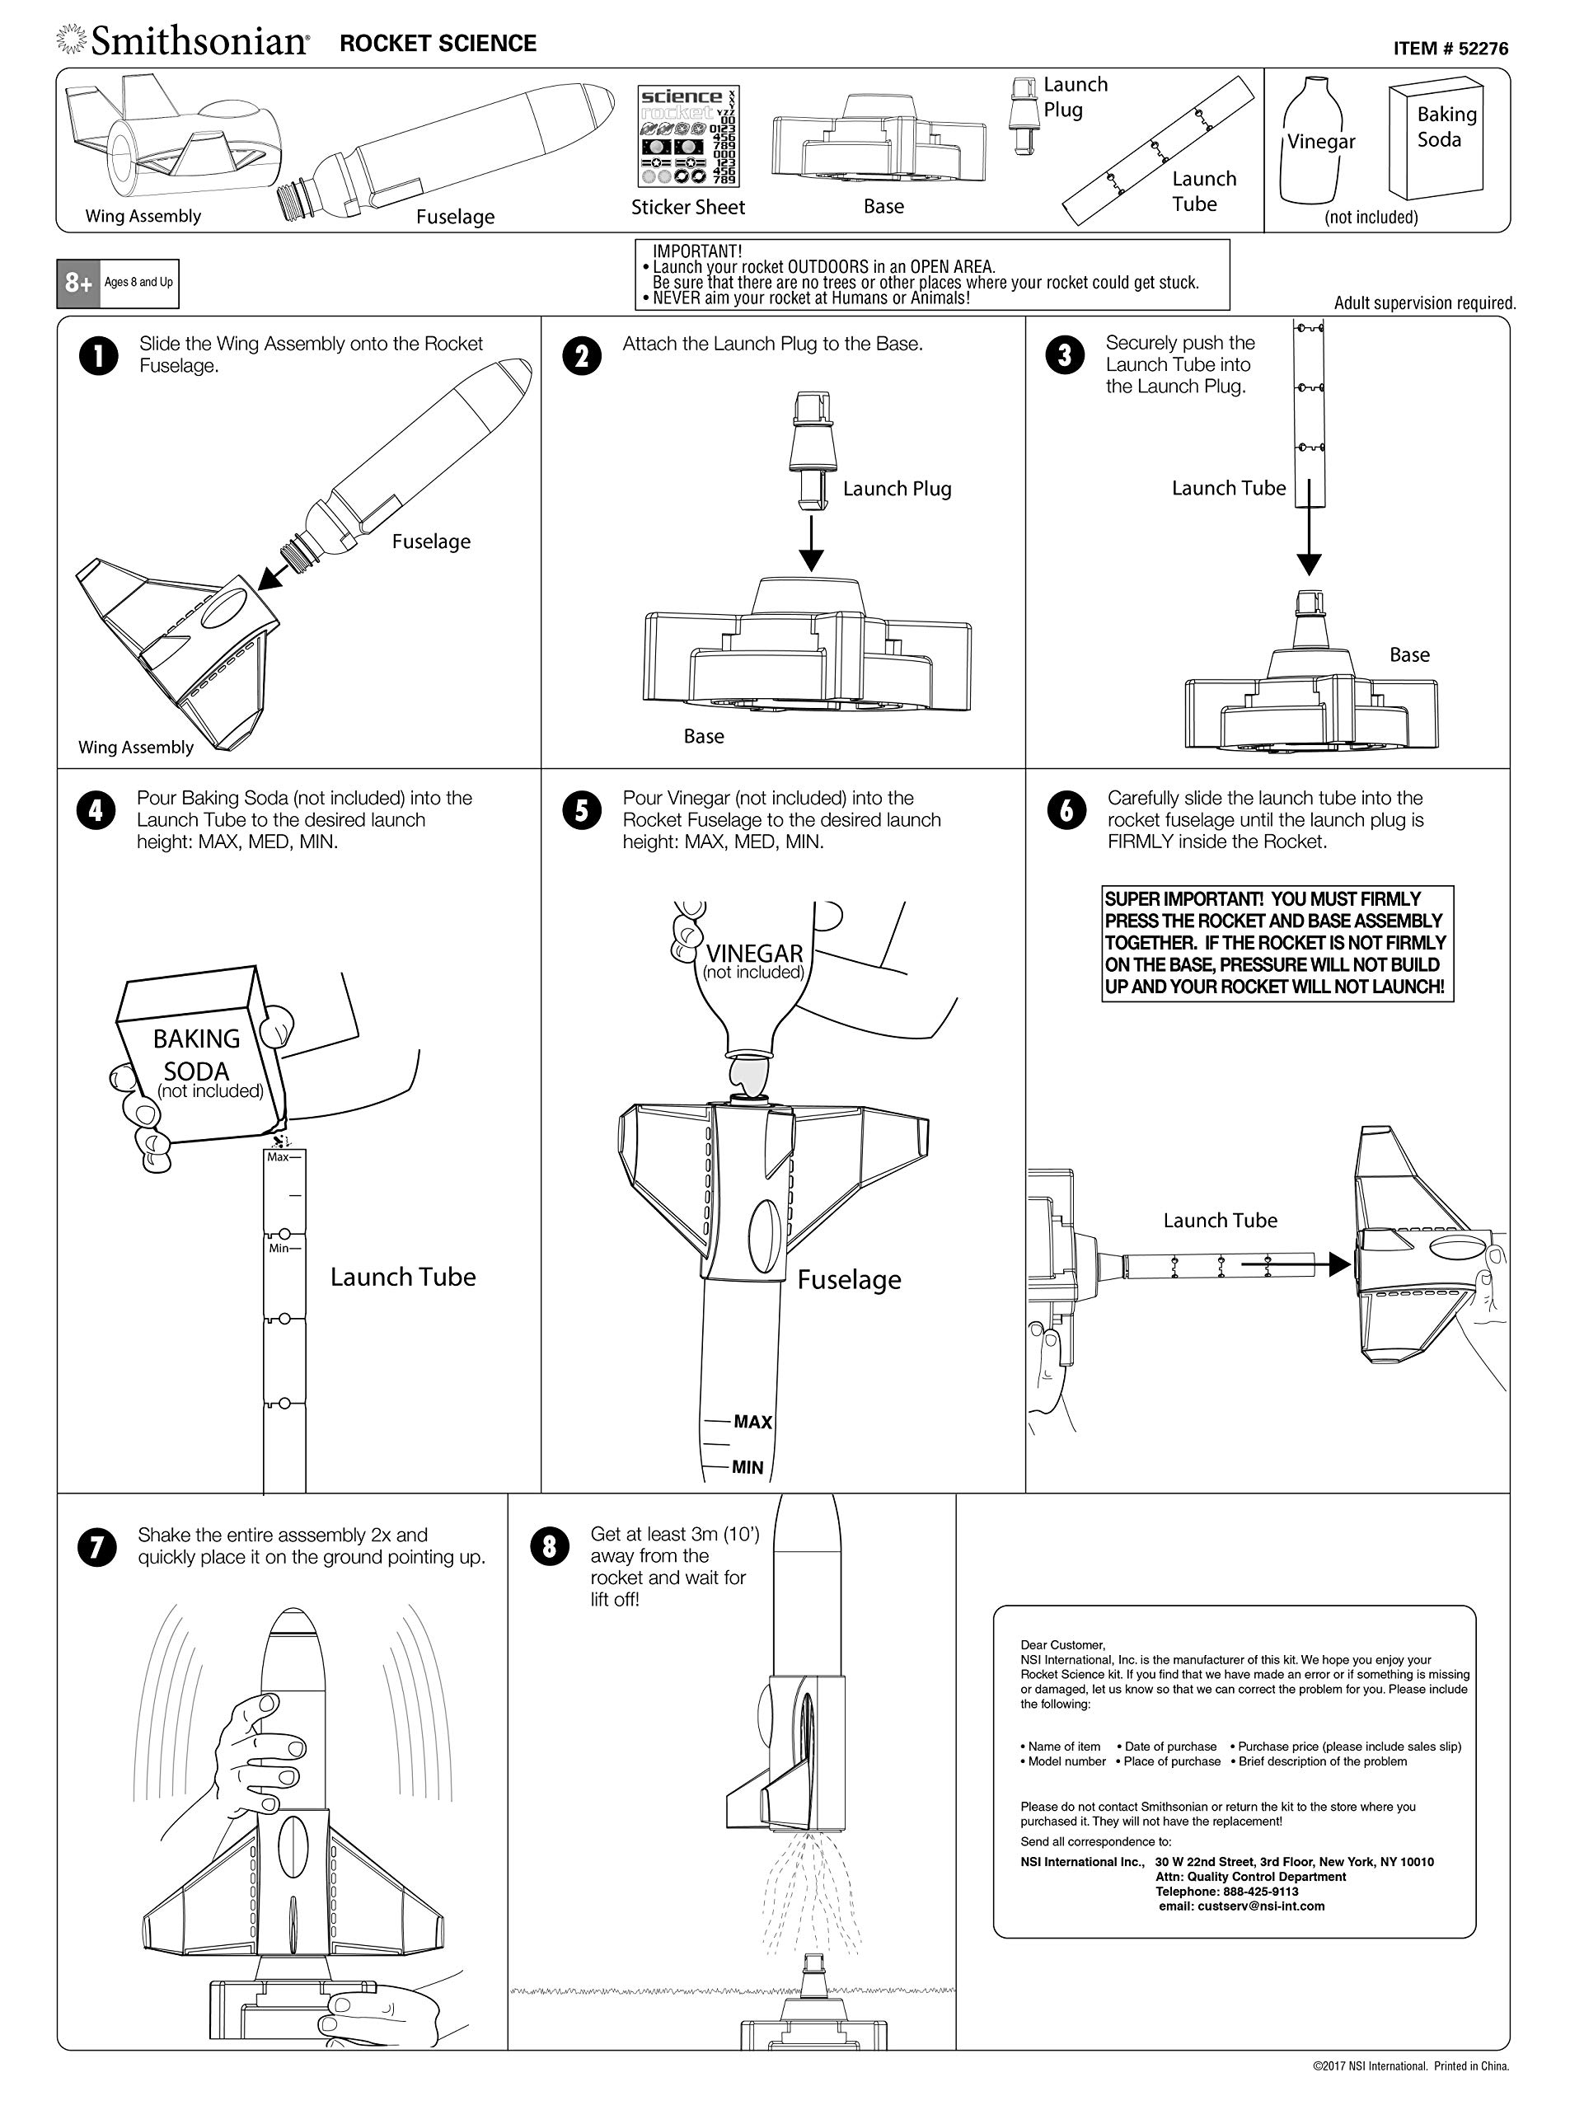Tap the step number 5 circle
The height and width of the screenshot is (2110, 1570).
(582, 811)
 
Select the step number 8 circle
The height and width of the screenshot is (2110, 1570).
(550, 1546)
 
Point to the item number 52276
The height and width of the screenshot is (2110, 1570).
(1450, 49)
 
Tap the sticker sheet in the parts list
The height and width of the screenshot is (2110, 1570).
(688, 136)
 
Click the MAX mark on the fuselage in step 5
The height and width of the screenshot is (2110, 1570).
(752, 1422)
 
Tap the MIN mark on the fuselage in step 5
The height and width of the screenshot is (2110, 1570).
(747, 1467)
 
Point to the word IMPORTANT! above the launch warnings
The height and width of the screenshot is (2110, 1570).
(696, 251)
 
